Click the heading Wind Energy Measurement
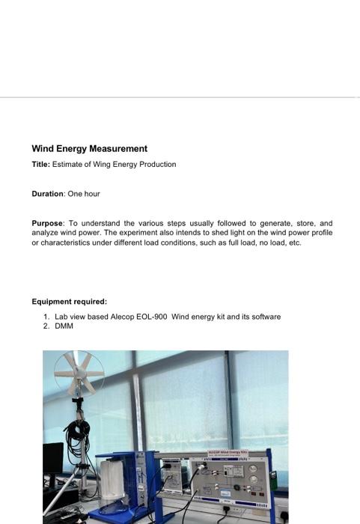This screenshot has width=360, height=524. [x=89, y=149]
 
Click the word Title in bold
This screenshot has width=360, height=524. [x=40, y=164]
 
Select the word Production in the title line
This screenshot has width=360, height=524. [x=158, y=164]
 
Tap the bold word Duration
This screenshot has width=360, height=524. [x=47, y=194]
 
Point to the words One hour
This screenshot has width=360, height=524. [x=84, y=194]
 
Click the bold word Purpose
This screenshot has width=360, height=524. [x=48, y=223]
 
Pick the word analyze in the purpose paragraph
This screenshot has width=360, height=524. [x=45, y=233]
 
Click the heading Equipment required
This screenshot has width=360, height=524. [x=69, y=302]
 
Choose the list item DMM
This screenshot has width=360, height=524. [x=64, y=326]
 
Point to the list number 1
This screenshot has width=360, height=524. [x=46, y=317]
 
